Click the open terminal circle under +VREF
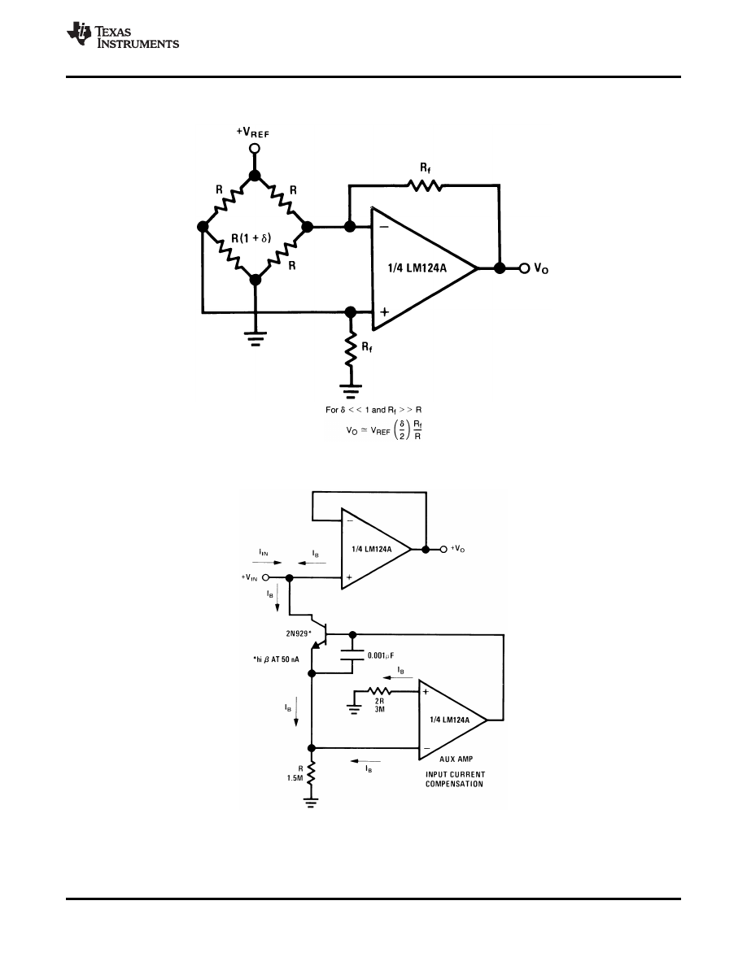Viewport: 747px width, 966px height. point(255,148)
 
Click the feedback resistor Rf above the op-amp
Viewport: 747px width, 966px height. point(426,186)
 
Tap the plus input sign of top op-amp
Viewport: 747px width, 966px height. point(383,311)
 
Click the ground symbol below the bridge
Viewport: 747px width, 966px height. point(255,340)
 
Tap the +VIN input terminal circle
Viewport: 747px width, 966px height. point(266,577)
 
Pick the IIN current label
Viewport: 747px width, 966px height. point(265,552)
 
